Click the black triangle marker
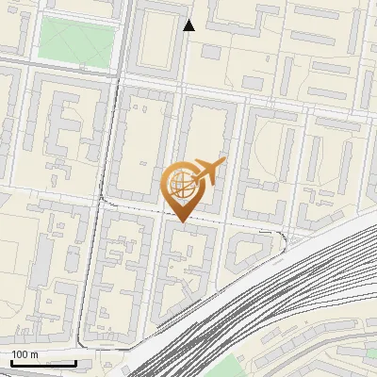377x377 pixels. [189, 25]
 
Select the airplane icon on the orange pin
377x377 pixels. [209, 172]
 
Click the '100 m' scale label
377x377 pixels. [25, 354]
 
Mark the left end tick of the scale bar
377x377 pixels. [11, 362]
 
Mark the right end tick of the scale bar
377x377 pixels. [75, 362]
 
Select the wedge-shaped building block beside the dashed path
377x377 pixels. [250, 248]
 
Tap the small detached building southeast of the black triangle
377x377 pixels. [211, 51]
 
